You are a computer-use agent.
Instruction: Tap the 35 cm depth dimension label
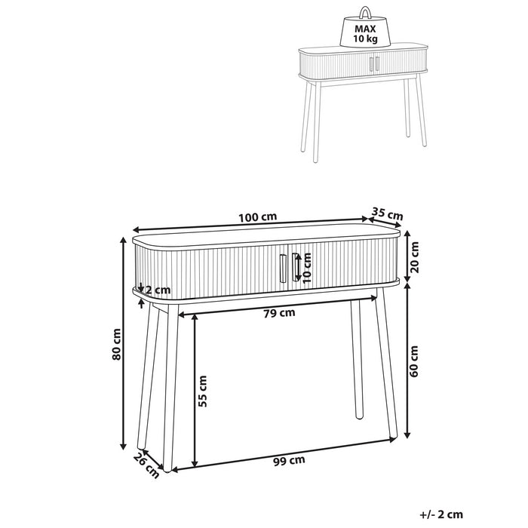coord(388,213)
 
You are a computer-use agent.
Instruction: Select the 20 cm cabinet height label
coord(415,257)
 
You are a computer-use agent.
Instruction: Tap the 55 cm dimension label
coord(202,391)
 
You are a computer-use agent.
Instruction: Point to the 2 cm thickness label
coord(158,290)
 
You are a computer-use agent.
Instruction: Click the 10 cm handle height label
coord(308,268)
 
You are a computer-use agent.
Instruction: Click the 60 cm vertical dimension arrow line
coord(407,361)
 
